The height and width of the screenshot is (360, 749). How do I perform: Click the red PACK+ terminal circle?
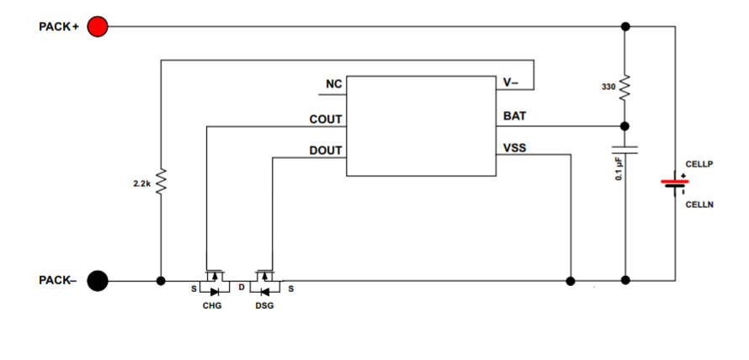click(98, 27)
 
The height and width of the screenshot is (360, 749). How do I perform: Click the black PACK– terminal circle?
click(98, 280)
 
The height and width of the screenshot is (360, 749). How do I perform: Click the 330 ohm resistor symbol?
click(624, 87)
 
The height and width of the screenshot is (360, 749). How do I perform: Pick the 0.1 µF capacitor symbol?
click(624, 151)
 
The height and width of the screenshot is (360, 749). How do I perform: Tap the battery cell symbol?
click(673, 183)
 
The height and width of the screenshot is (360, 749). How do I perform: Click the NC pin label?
click(333, 85)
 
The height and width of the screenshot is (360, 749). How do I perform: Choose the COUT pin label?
click(326, 119)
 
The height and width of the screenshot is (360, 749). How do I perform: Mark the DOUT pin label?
click(326, 151)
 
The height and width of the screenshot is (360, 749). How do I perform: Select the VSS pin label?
click(514, 148)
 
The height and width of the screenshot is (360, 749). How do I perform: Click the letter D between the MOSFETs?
click(241, 288)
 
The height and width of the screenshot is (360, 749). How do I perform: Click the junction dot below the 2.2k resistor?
click(160, 280)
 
